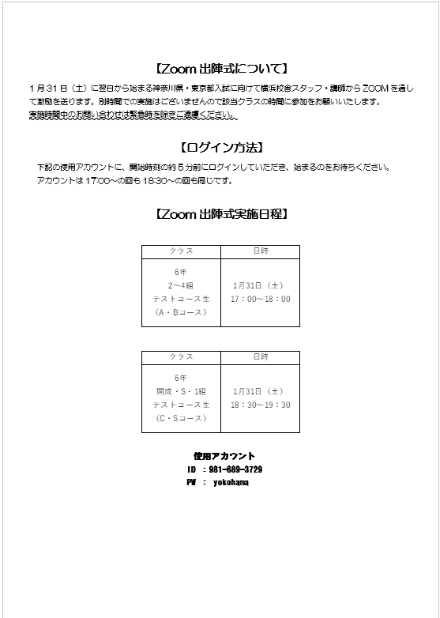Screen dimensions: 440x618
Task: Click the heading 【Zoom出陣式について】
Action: coord(220,69)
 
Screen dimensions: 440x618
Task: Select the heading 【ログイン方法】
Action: coord(220,147)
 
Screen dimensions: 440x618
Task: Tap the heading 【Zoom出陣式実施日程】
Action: coord(220,214)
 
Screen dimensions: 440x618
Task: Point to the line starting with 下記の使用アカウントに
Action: coord(213,168)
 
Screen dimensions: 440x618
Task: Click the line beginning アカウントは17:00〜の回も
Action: coord(135,181)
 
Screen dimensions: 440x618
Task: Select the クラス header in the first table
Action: coord(181,251)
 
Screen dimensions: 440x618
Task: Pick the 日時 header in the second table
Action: coord(261,357)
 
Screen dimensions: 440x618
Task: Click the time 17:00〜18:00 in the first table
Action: coord(261,299)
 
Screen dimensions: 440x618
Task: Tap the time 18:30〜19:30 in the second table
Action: coord(261,405)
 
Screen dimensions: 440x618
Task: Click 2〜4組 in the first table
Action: coord(181,285)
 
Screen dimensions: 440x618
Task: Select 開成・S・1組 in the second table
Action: coord(181,391)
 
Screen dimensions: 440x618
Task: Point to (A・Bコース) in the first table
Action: coord(181,312)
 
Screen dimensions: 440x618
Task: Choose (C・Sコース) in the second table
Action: coord(181,418)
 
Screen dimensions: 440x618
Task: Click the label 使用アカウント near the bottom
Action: coord(224,456)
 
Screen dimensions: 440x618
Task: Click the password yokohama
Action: coord(231,482)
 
